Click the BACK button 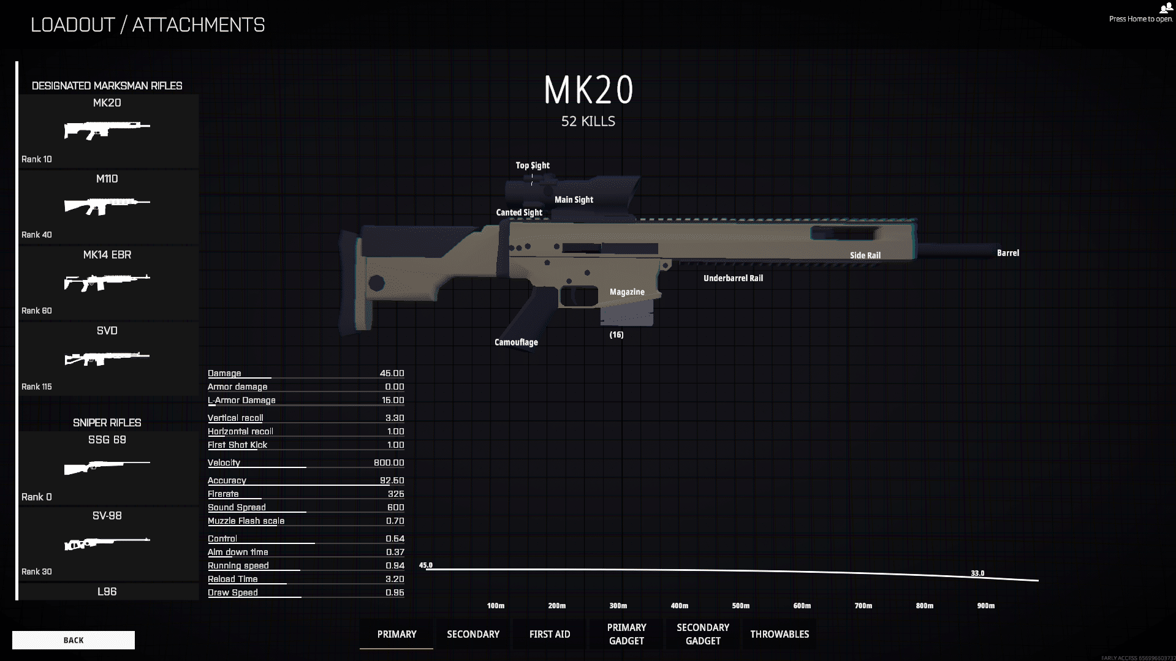(x=74, y=640)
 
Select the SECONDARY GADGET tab (x=703, y=634)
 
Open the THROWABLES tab (x=780, y=634)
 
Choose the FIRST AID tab (x=550, y=634)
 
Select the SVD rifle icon (x=107, y=358)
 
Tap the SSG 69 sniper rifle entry (x=107, y=468)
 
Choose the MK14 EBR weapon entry (x=107, y=282)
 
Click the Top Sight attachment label (x=533, y=165)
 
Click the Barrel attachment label (x=1008, y=253)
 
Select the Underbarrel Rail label (x=734, y=278)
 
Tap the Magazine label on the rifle (x=627, y=292)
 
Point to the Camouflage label (x=516, y=342)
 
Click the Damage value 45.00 (x=392, y=373)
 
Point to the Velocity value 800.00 (x=389, y=463)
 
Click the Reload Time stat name (x=233, y=579)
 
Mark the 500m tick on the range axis (x=741, y=606)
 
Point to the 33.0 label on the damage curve (x=977, y=573)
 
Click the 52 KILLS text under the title (x=588, y=121)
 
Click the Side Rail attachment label (x=865, y=255)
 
